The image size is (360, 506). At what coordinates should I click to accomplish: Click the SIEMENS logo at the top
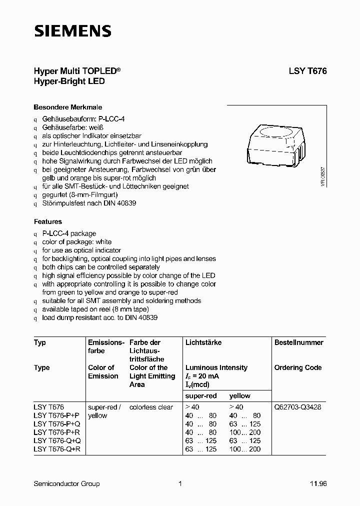[72, 31]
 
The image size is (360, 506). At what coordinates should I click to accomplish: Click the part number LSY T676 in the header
[307, 71]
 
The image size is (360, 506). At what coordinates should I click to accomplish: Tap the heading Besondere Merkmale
[67, 107]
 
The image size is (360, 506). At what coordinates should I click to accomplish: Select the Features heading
[48, 221]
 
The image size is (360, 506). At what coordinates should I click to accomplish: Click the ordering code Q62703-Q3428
[297, 407]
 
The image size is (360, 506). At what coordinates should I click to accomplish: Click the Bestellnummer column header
[298, 342]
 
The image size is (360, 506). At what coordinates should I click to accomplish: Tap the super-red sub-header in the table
[201, 395]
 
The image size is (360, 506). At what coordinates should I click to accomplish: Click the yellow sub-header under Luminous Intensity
[240, 395]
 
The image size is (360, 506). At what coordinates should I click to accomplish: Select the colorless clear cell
[151, 407]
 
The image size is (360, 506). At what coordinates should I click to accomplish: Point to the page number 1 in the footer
[179, 483]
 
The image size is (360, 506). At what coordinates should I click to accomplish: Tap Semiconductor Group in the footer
[66, 483]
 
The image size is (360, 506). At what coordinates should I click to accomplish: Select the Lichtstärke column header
[203, 342]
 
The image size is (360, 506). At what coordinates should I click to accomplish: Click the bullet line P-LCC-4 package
[69, 233]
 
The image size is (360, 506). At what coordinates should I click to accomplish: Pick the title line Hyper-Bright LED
[69, 81]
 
